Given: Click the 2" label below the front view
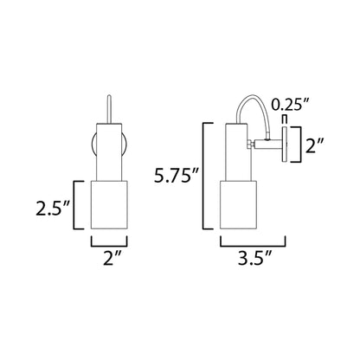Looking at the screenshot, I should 110,257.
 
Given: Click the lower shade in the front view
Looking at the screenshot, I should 110,207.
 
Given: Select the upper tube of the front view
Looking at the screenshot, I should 110,147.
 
